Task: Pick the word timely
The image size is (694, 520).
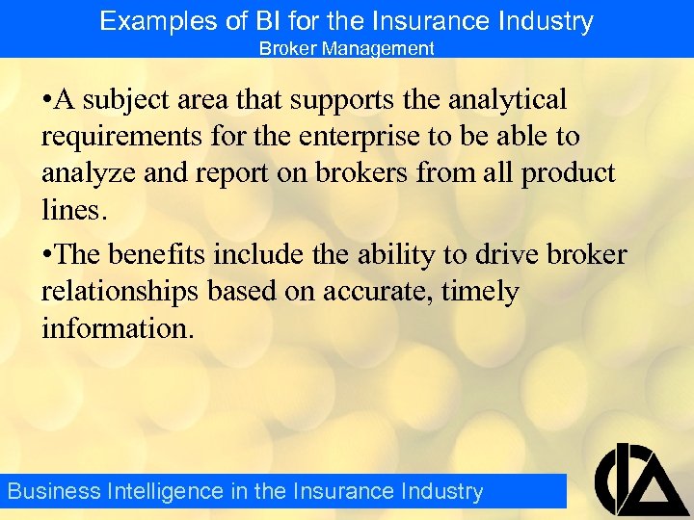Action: point(480,292)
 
